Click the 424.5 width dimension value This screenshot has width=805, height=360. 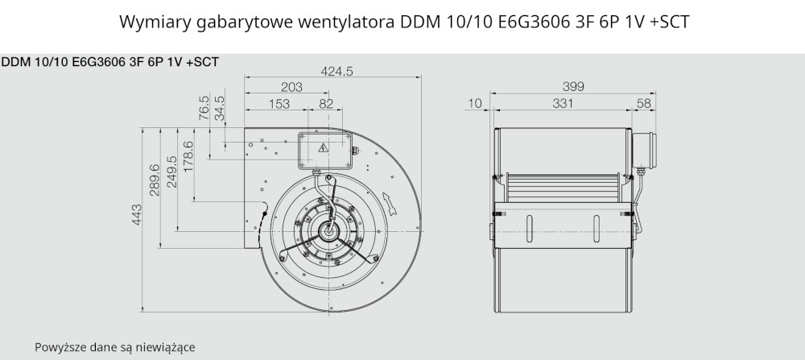point(336,72)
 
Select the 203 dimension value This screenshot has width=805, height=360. point(291,87)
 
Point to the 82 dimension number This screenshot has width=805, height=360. point(326,104)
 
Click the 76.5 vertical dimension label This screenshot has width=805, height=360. point(204,107)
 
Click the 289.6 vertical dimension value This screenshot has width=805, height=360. point(155,180)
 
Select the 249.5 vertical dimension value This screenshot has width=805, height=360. point(171,172)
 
